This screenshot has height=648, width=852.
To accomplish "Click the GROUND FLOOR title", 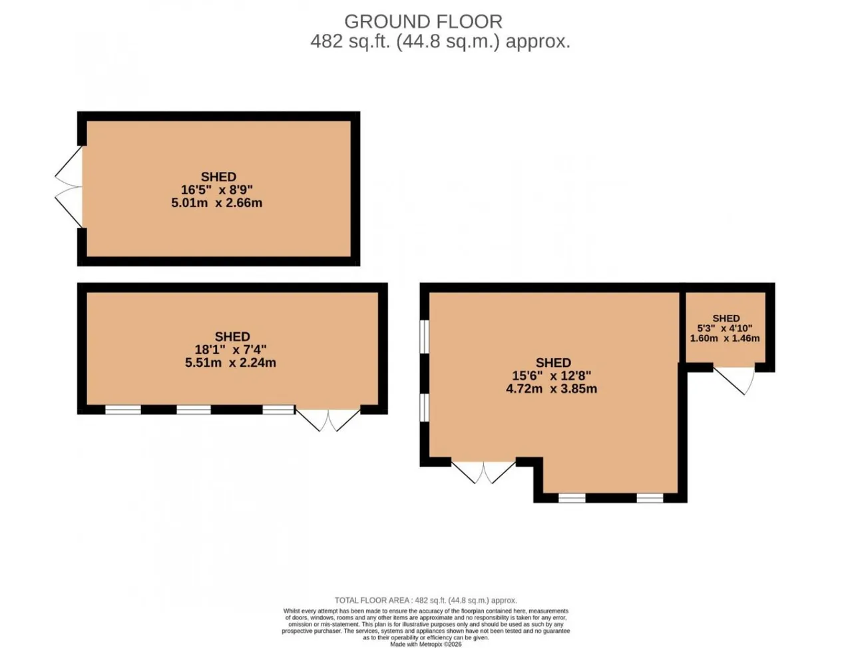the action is tap(423, 22).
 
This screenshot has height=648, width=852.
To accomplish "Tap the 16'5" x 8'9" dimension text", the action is tap(216, 190).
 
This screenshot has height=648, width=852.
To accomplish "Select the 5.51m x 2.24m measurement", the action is tap(230, 363).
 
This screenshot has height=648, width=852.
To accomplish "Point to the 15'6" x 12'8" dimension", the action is tap(552, 376).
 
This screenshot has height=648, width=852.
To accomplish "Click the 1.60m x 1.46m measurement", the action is tap(725, 338).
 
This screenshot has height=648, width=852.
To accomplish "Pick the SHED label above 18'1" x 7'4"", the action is tap(232, 336).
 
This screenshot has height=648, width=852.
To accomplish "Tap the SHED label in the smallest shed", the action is tap(726, 318).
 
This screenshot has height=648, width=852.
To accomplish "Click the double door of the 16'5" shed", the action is tap(69, 186).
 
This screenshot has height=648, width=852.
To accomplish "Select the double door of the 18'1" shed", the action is tap(328, 419).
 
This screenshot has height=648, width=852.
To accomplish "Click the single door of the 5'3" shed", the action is tap(734, 380).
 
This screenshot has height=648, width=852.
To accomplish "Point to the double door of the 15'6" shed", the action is tap(483, 472).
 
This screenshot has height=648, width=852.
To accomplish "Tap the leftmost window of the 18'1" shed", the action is tap(123, 410).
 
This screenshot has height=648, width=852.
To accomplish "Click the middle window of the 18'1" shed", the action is tap(194, 410).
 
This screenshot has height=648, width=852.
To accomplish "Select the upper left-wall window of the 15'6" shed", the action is tap(425, 336).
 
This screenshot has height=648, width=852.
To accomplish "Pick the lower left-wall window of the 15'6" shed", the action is tap(425, 408).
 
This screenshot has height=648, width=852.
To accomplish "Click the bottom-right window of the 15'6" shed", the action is tap(650, 497).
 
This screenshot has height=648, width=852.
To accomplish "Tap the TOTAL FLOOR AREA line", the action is tap(426, 600).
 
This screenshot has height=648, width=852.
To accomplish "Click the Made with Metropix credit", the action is tap(426, 644).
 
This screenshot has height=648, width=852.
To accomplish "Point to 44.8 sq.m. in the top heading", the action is tap(448, 41).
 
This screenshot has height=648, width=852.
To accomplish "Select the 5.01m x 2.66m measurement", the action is tap(216, 202).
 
